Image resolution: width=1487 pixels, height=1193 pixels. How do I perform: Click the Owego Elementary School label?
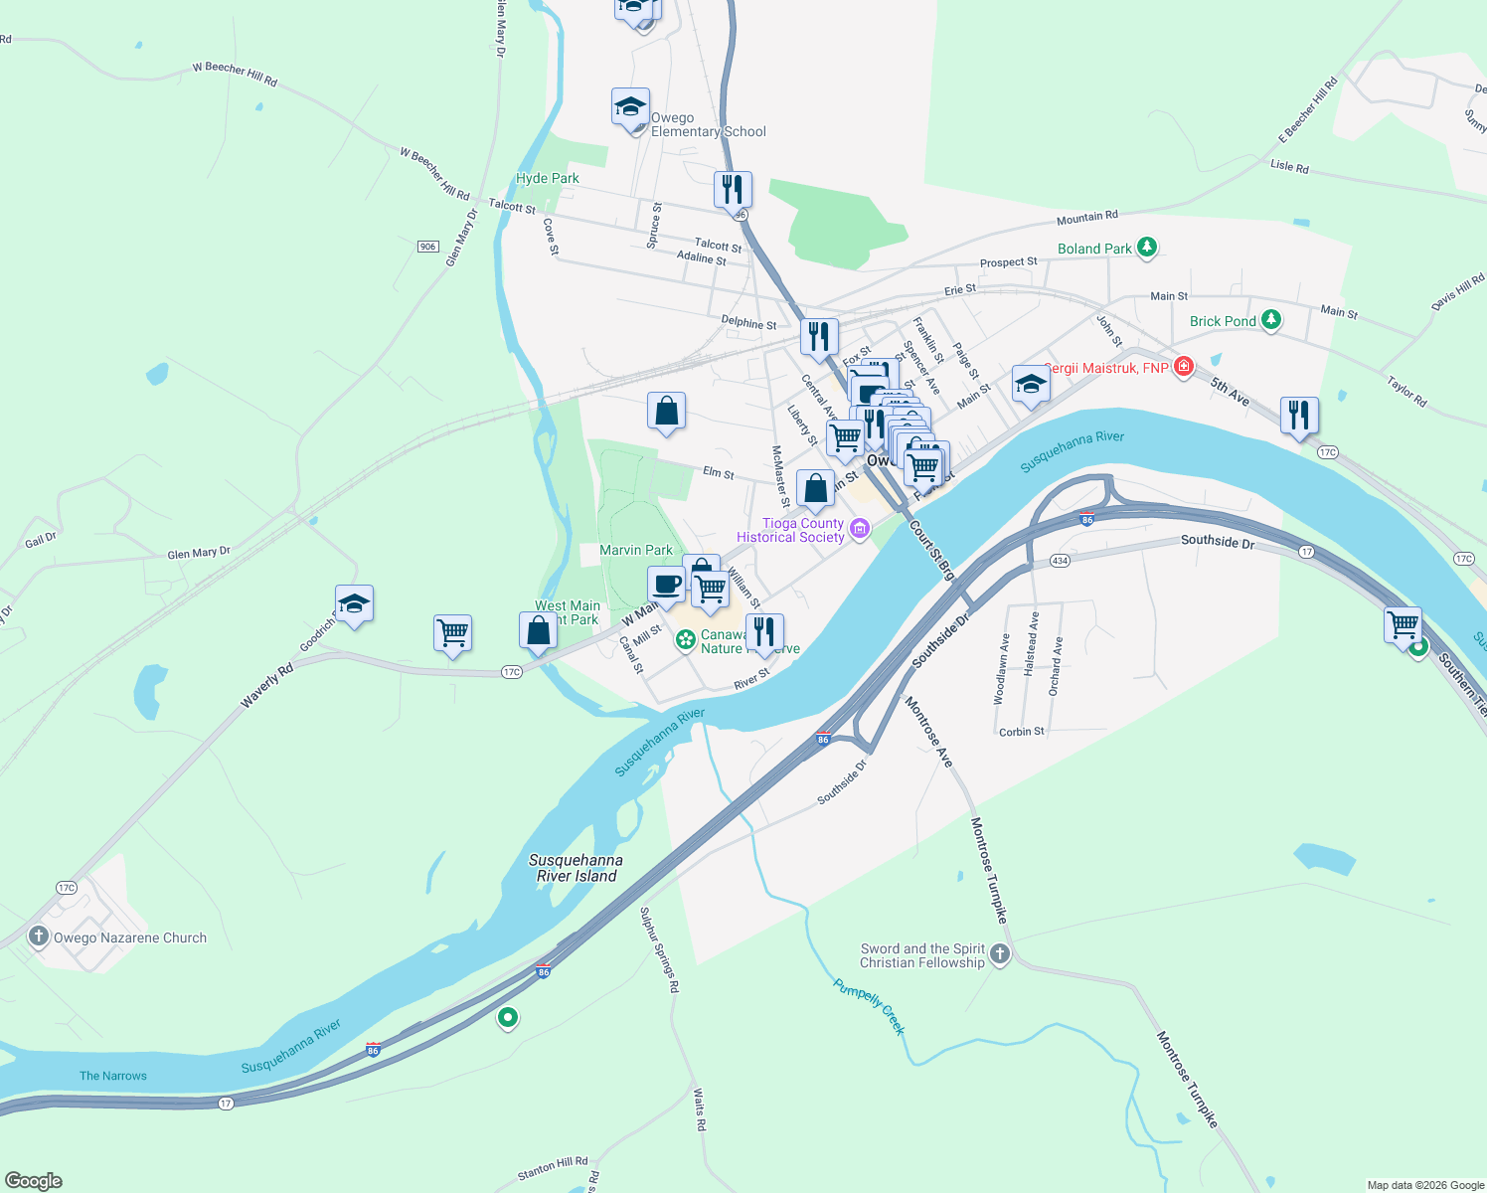pos(708,124)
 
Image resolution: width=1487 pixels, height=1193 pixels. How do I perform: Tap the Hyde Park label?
pos(547,178)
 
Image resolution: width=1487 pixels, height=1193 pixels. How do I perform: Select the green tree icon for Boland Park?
pos(1147,247)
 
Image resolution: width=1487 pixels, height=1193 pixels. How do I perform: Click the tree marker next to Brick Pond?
pos(1271,320)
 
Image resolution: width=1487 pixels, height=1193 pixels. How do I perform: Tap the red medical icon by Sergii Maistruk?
pos(1183,367)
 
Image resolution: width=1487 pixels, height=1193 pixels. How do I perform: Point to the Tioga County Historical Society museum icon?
pos(860,528)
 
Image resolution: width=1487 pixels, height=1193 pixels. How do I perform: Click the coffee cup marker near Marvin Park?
pos(666,585)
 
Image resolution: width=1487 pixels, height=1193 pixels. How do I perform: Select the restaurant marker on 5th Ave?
pos(1299,415)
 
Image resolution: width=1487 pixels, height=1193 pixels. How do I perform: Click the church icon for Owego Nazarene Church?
pos(39,937)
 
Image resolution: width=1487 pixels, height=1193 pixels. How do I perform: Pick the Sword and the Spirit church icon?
pos(1000,954)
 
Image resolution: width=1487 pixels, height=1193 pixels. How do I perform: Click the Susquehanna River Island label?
pos(576,868)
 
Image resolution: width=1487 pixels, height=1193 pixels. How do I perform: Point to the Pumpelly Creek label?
pos(870,1007)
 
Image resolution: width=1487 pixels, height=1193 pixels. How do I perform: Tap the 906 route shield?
pos(427,247)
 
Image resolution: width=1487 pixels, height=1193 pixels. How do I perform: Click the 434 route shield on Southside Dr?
pos(1060,561)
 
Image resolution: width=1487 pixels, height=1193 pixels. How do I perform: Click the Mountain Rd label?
pos(1086,217)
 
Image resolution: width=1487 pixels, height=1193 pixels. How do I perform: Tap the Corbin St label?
pos(1021,732)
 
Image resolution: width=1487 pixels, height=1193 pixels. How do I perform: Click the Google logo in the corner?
pos(33,1181)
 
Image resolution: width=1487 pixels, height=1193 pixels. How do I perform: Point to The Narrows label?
pos(113,1076)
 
